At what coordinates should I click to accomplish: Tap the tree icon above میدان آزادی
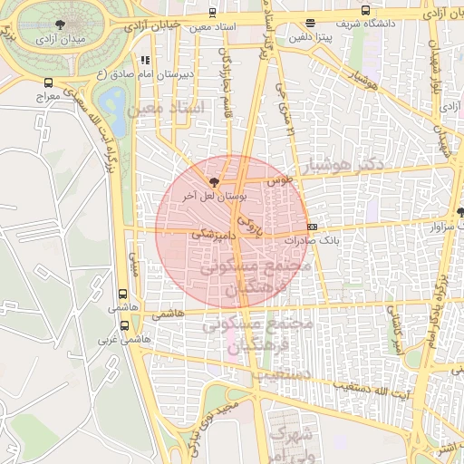pos(60,24)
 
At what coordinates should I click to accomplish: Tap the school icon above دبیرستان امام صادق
pos(145,60)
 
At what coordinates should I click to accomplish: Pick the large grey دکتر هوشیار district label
pos(346,163)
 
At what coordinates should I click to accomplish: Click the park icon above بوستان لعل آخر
pos(214,181)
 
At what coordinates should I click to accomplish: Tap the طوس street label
pos(281,180)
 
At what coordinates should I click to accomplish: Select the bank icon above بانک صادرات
pos(313,227)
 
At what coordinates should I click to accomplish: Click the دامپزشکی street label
pos(214,233)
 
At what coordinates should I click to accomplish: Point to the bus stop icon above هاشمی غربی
pos(122,295)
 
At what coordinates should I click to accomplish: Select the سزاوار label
pos(439,225)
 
